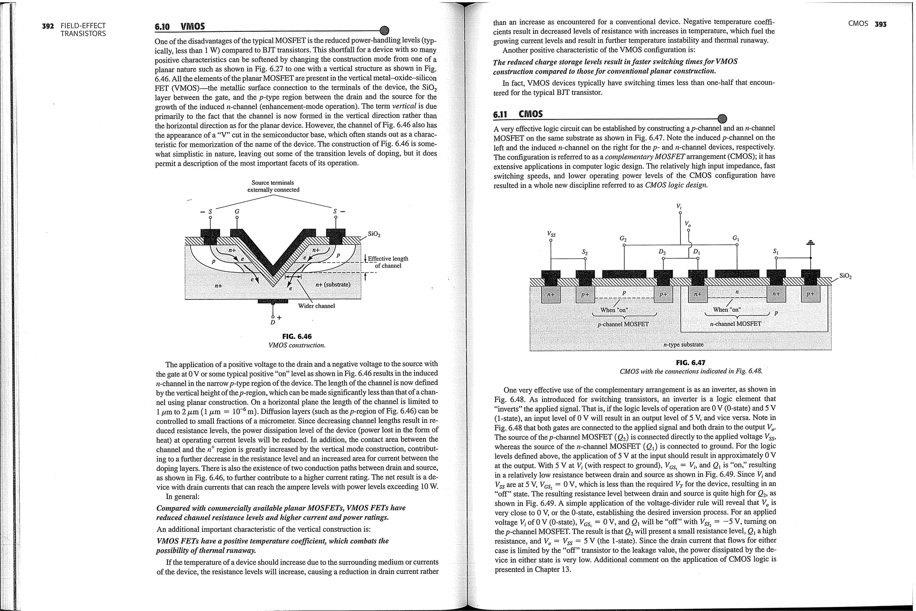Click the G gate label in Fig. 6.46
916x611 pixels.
237,211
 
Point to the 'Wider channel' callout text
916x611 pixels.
316,306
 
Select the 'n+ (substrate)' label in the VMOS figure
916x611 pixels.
333,285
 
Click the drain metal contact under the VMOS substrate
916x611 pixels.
272,301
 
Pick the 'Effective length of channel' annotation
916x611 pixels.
387,262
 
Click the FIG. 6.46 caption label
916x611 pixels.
297,337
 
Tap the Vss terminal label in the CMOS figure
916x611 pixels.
551,234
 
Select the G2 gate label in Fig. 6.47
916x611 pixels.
623,239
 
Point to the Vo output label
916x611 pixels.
688,223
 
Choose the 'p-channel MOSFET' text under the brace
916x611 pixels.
623,324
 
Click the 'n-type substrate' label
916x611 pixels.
683,344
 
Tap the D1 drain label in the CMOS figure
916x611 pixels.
696,252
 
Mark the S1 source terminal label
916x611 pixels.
776,252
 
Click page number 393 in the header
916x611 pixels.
880,24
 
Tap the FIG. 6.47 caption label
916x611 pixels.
690,363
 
